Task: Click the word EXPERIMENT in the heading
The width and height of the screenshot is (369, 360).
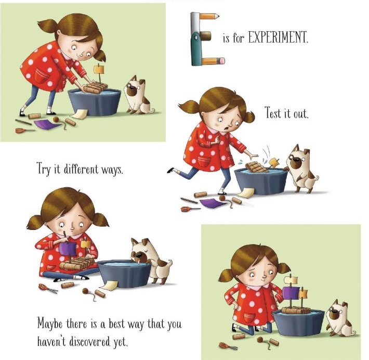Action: point(278,37)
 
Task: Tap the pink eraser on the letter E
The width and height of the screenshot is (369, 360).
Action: point(221,61)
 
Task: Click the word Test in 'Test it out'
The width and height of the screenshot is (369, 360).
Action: point(272,112)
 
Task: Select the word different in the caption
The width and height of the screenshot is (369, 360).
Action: point(81,169)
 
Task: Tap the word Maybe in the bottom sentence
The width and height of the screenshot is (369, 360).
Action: point(50,324)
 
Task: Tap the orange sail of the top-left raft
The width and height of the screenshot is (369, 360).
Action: point(99,69)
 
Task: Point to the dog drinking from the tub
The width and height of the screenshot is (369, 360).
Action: point(151,259)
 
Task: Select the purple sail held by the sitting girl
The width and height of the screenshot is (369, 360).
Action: point(68,249)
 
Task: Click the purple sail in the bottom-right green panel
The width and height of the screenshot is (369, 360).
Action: point(291,293)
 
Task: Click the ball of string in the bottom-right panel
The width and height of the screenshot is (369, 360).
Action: point(260,340)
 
